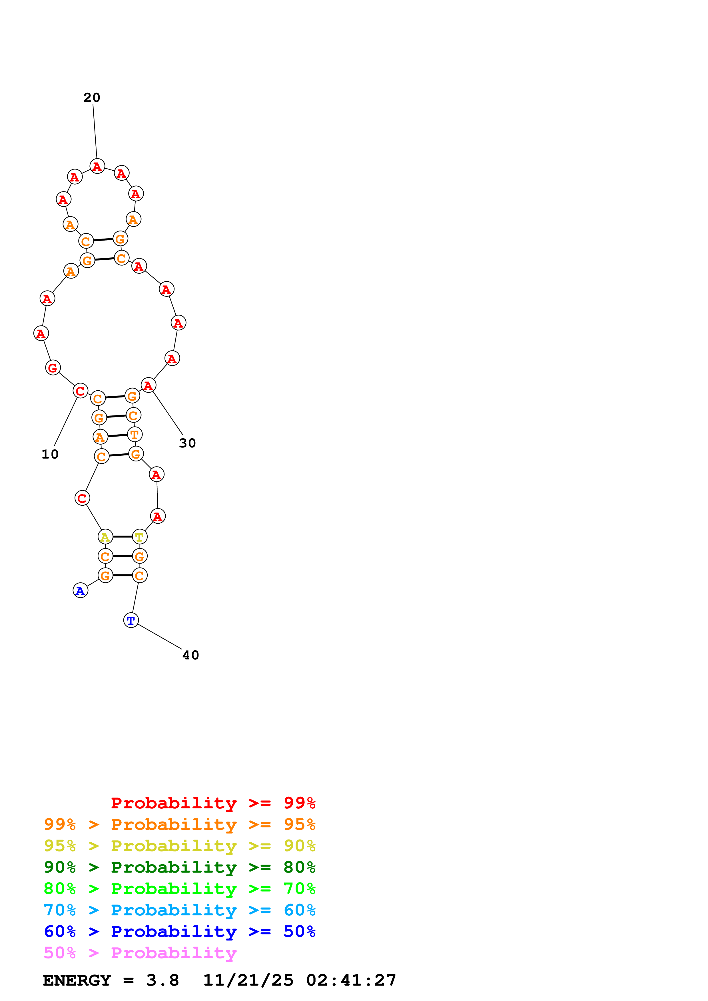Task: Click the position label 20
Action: (92, 98)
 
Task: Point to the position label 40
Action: (190, 655)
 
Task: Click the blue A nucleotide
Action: (80, 590)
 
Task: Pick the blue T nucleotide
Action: (131, 620)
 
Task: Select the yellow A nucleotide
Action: (105, 537)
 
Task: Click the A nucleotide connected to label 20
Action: (97, 166)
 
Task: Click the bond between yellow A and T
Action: (123, 537)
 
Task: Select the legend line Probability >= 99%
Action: (213, 803)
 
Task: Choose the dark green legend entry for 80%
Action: (179, 867)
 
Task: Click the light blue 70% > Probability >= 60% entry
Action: (179, 910)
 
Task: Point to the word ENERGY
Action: (77, 980)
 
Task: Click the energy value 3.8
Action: (162, 980)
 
